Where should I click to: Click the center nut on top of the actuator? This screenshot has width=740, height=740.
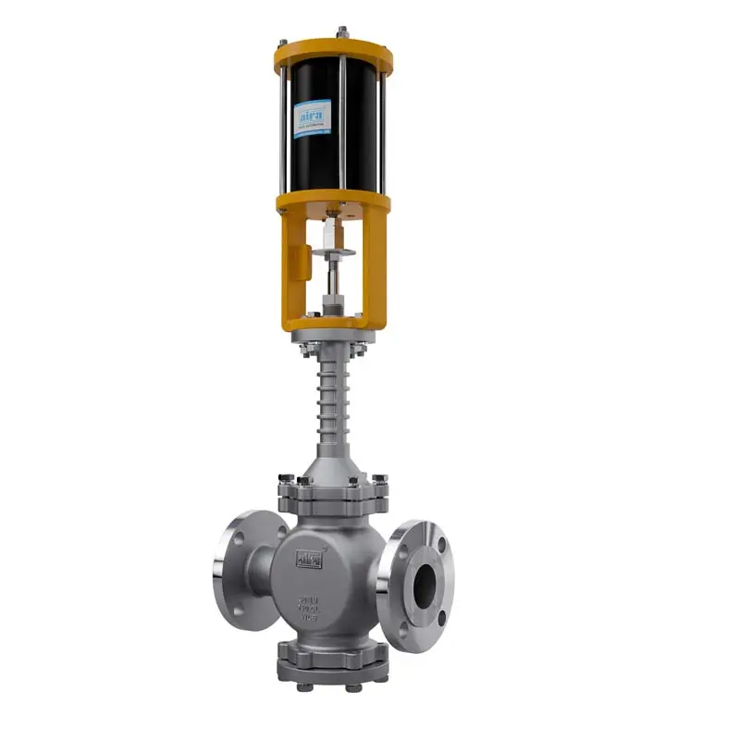point(341,32)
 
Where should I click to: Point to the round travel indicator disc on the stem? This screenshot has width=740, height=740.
point(332,253)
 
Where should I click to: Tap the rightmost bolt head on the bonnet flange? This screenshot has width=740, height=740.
point(379,481)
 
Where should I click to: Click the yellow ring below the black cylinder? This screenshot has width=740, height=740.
point(333,202)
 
